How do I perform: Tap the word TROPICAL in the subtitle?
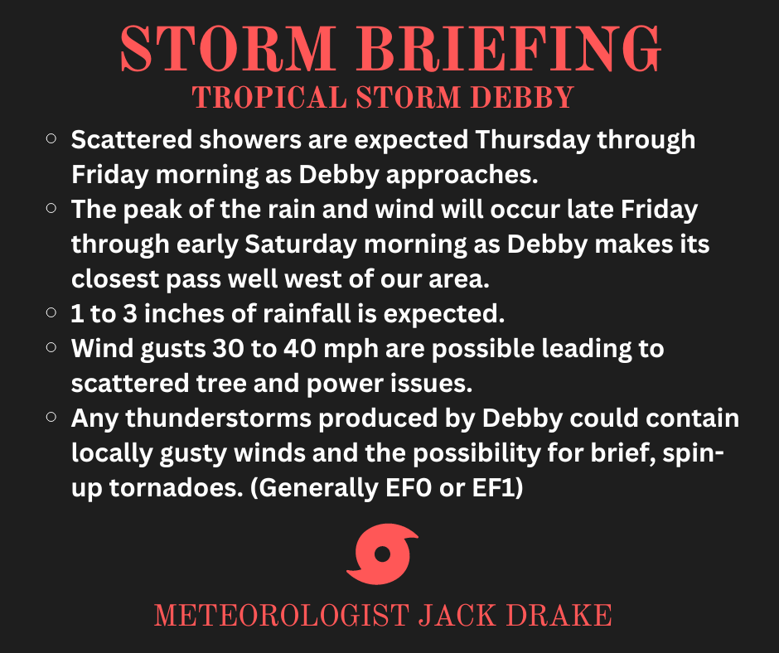pos(269,98)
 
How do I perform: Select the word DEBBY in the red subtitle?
pos(523,98)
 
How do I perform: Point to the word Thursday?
pos(532,140)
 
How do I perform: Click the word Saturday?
pos(301,244)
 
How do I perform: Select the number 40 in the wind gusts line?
pos(299,349)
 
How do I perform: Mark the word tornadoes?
pos(177,488)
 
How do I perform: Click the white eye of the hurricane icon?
pos(382,554)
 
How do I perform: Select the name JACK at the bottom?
pos(457,616)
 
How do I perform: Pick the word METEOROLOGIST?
pos(282,616)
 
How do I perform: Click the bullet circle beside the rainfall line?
pos(51,312)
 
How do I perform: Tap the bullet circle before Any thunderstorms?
pos(51,417)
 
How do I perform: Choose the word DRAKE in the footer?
pos(559,616)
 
